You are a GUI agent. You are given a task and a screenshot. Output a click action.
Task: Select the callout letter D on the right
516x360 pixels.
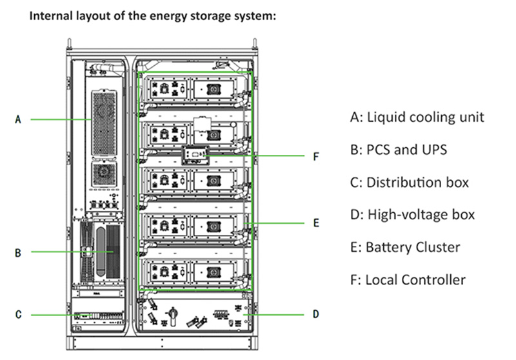(x=315, y=314)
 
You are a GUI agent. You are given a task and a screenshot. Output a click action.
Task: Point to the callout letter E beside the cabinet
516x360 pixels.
(x=316, y=223)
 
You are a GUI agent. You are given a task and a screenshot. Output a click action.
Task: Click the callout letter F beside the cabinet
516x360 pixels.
(x=316, y=156)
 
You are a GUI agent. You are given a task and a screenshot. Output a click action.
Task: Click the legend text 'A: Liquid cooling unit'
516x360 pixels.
(x=417, y=117)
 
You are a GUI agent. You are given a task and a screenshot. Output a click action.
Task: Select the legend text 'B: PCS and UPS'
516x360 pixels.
(x=399, y=150)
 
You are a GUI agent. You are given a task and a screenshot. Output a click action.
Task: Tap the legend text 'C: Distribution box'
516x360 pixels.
(x=410, y=182)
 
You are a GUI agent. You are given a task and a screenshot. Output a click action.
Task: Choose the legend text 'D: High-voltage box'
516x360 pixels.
(x=412, y=214)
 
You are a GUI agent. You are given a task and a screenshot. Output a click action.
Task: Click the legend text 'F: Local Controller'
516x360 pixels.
(x=408, y=279)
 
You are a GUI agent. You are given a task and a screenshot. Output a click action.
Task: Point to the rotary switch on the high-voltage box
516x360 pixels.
(x=172, y=315)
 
